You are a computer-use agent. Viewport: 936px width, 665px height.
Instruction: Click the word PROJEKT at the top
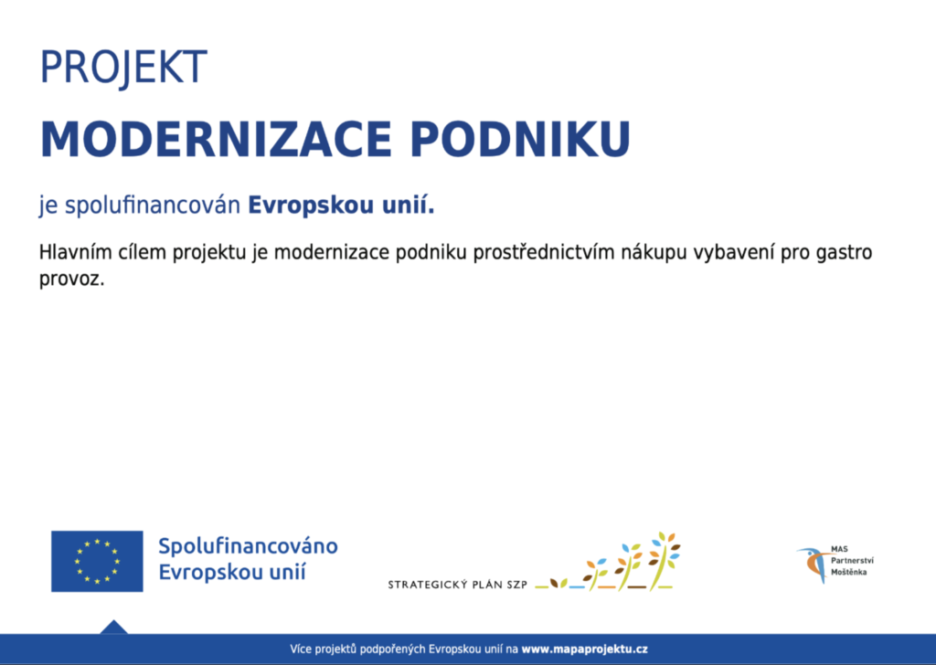tap(123, 67)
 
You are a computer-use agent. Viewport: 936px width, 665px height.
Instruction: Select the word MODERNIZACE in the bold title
tap(216, 140)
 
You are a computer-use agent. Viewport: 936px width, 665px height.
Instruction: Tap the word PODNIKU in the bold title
tap(520, 140)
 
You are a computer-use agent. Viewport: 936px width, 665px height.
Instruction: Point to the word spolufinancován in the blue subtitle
tap(153, 206)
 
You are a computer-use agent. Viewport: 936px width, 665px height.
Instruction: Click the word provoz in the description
tap(69, 279)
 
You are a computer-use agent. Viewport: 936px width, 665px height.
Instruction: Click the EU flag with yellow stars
tap(97, 561)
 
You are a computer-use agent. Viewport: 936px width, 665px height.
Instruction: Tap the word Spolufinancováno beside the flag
tap(248, 545)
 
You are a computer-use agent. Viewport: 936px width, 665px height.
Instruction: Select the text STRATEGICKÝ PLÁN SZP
tap(457, 585)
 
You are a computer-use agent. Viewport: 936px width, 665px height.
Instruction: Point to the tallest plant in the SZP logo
tap(664, 561)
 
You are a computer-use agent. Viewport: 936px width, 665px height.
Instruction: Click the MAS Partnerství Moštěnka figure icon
tap(813, 564)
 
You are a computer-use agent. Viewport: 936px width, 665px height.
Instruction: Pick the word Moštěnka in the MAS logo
tap(849, 572)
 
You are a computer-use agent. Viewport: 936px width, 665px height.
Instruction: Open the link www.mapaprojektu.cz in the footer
tap(584, 649)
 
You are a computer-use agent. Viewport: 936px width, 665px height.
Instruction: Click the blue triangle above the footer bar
tap(114, 628)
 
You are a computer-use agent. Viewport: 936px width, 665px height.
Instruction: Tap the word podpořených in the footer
tap(395, 649)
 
